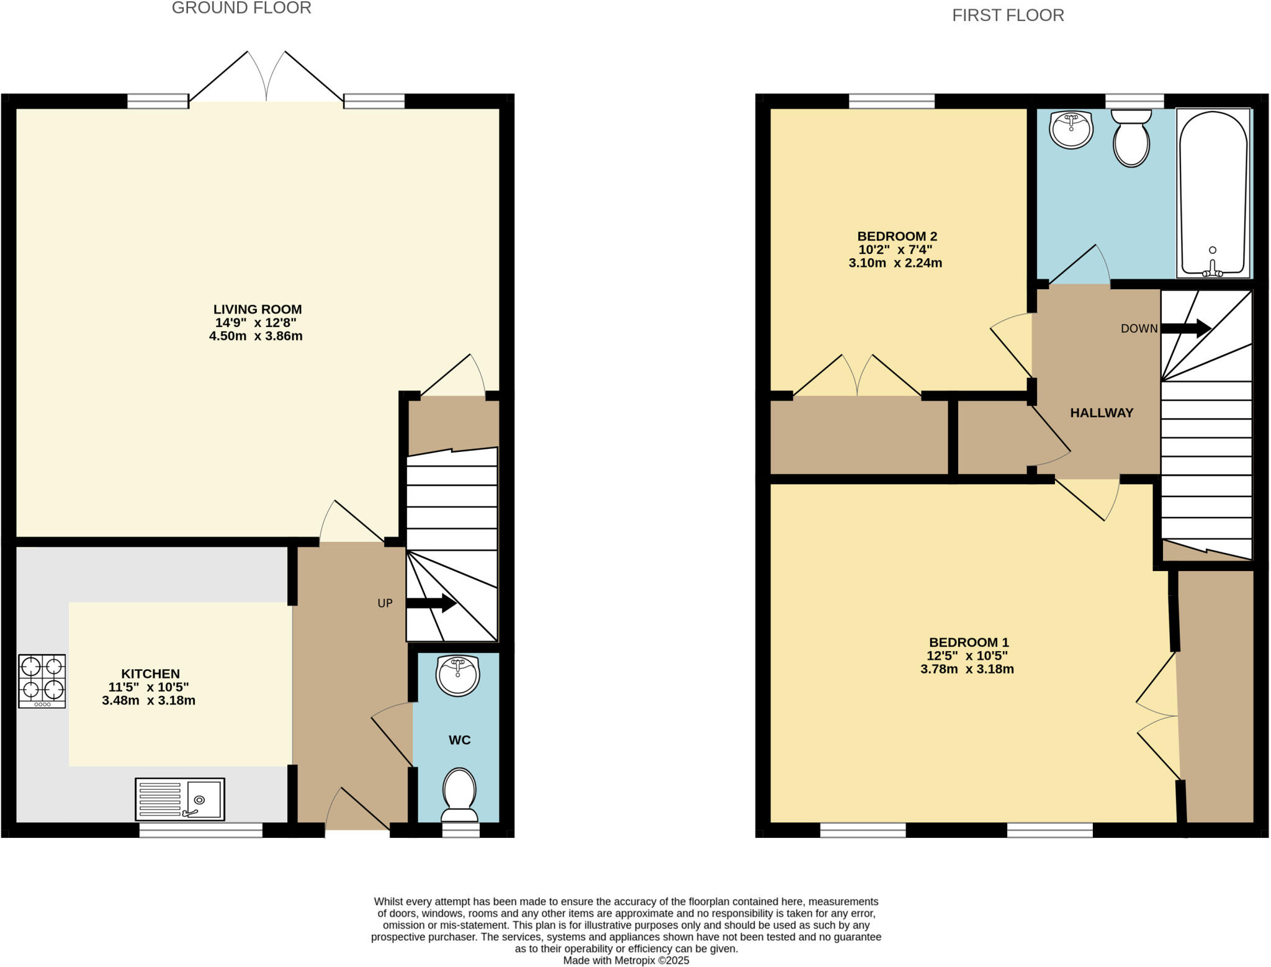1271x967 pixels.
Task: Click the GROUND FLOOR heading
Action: coord(241,8)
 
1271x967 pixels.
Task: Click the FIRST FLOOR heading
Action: coord(1008,16)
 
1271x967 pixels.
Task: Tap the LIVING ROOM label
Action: coord(258,309)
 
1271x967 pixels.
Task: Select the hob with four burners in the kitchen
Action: coord(42,681)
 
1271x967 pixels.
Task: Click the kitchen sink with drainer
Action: coord(180,799)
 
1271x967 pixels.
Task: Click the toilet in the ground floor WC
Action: coord(459,795)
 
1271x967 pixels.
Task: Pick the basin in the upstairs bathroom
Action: coord(1071,129)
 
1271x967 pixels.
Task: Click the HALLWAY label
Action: coord(1102,413)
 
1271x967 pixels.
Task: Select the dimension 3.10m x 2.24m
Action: coord(895,263)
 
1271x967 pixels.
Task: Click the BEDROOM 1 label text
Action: coord(969,642)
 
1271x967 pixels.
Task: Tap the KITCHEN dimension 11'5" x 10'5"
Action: coord(149,687)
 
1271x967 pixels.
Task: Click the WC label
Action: coord(459,740)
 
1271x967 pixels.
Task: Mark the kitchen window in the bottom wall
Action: coord(200,830)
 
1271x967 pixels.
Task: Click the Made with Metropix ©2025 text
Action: coord(626,960)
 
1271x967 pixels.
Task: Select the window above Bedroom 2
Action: coord(891,101)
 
